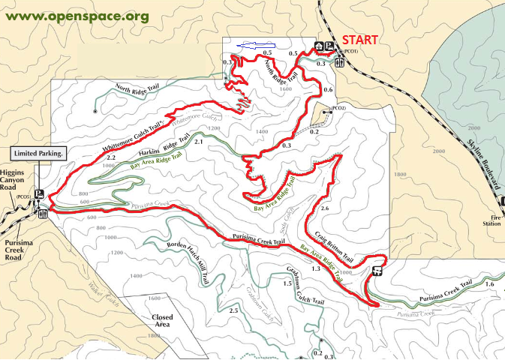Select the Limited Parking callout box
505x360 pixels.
[38, 153]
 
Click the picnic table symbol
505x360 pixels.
[377, 271]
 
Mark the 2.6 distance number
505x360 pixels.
[324, 208]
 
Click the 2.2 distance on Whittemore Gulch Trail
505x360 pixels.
[111, 158]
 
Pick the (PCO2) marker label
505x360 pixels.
[338, 109]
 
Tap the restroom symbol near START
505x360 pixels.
[341, 63]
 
